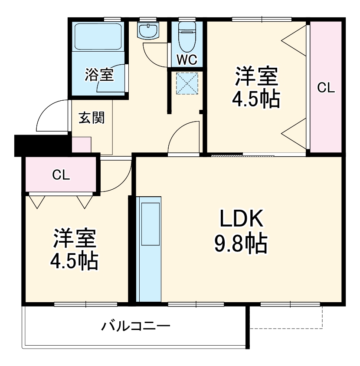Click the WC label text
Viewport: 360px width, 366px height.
point(187,59)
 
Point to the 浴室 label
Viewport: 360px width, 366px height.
point(99,75)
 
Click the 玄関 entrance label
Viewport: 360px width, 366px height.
point(92,118)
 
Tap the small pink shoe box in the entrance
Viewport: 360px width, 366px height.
point(81,145)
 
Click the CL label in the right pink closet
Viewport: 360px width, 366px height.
point(326,88)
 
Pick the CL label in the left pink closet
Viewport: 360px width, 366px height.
point(61,175)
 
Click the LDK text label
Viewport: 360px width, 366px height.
point(241,219)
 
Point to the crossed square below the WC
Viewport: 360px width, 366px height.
point(187,83)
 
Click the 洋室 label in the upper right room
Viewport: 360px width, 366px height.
point(256,77)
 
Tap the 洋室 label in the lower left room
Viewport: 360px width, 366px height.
point(74,238)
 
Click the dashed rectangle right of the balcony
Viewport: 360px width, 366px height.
point(286,317)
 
